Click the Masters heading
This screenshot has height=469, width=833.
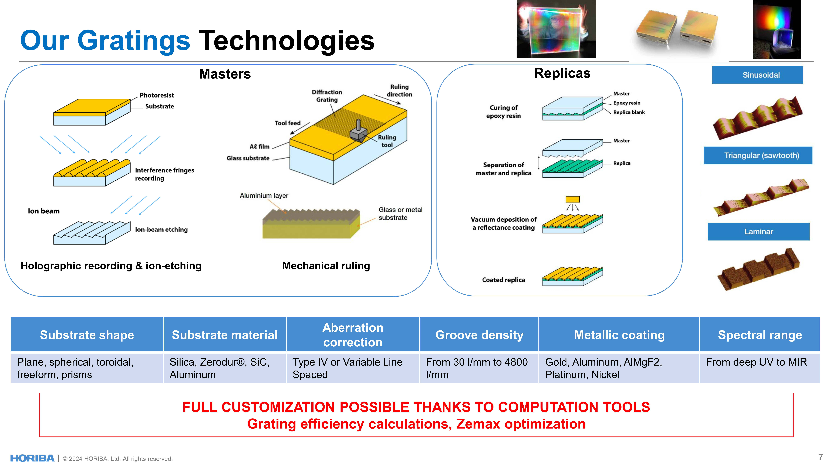225,74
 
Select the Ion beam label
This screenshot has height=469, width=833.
44,211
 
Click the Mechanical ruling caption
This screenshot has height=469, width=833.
326,266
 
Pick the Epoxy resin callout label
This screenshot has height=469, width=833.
627,103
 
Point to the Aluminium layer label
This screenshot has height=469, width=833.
264,196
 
